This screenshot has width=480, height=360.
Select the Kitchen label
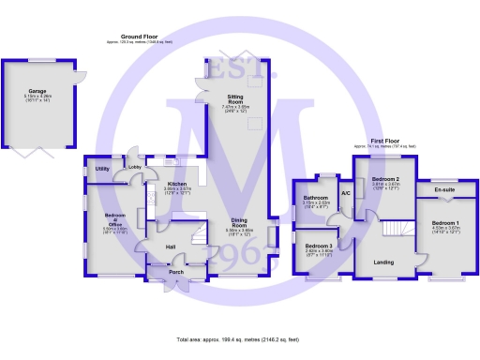[177, 184]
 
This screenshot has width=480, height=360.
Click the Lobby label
[135, 168]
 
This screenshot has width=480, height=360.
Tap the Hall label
[171, 247]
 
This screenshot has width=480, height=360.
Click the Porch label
[175, 273]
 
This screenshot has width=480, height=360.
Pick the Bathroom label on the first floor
[315, 198]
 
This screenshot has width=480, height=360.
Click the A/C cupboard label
[345, 193]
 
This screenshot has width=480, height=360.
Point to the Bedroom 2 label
[385, 178]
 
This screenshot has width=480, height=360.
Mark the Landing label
[383, 262]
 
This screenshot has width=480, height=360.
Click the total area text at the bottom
[237, 338]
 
